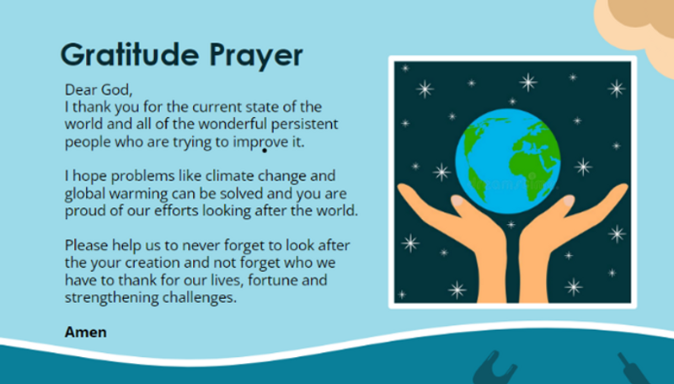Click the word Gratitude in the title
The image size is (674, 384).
click(x=130, y=55)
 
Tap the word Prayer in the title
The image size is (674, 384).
click(x=256, y=56)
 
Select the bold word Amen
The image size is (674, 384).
click(x=86, y=332)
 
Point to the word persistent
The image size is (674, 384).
click(x=305, y=124)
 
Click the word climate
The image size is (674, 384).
click(x=227, y=176)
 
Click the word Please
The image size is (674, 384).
click(x=87, y=245)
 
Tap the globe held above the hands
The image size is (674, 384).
click(x=508, y=161)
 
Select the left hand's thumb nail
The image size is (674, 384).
click(x=457, y=200)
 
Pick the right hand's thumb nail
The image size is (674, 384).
click(x=569, y=200)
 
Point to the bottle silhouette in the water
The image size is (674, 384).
click(x=634, y=370)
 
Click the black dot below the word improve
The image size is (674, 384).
click(x=265, y=151)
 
